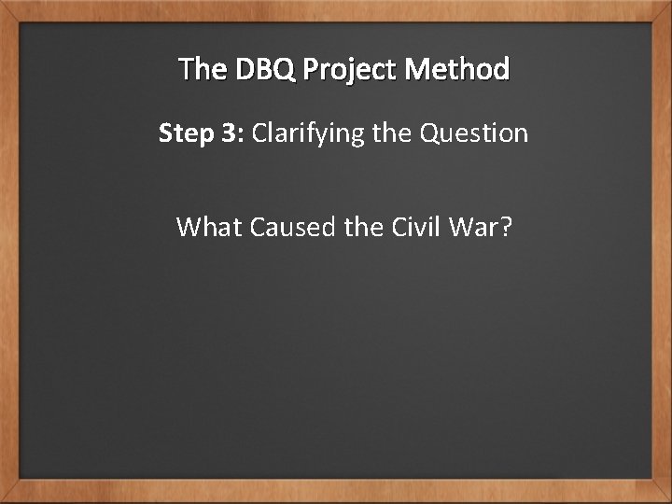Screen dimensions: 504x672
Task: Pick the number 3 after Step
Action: click(x=227, y=134)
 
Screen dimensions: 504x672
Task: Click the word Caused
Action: click(x=289, y=227)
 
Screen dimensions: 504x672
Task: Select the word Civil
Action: click(x=412, y=227)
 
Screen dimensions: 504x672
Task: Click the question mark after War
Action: click(x=506, y=227)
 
